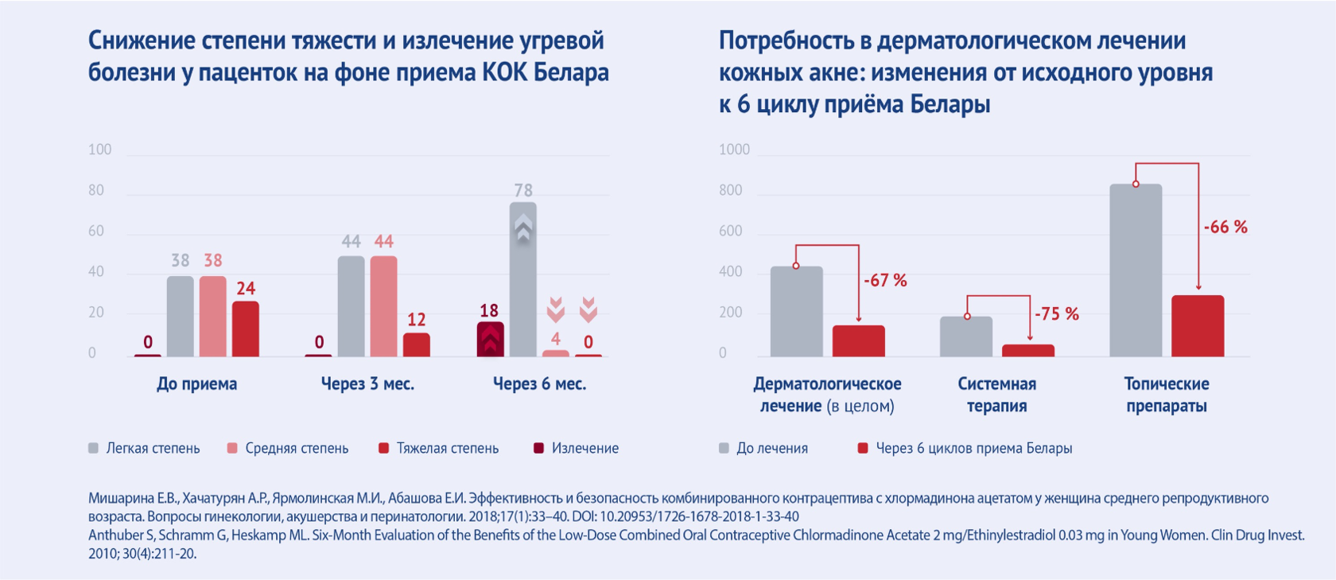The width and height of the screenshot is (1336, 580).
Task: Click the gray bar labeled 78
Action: pyautogui.click(x=522, y=279)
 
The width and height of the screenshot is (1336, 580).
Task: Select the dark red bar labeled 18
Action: pyautogui.click(x=490, y=339)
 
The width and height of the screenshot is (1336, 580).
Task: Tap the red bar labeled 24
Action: pyautogui.click(x=245, y=329)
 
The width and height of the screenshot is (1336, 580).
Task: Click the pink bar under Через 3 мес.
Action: pyautogui.click(x=383, y=306)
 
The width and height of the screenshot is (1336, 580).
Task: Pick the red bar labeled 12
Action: pyautogui.click(x=416, y=344)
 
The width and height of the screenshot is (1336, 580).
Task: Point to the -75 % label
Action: pyautogui.click(x=1056, y=314)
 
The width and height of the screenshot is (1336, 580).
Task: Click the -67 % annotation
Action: pyautogui.click(x=885, y=281)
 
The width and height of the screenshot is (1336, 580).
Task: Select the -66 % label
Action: pyautogui.click(x=1225, y=228)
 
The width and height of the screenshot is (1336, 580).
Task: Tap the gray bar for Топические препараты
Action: pyautogui.click(x=1136, y=271)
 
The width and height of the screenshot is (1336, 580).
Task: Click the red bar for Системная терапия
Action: pyautogui.click(x=1027, y=351)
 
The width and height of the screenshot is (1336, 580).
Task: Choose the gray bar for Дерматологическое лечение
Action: pyautogui.click(x=796, y=312)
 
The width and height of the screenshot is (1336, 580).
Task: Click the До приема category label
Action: pyautogui.click(x=196, y=384)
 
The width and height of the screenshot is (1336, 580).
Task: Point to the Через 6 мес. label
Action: pyautogui.click(x=539, y=384)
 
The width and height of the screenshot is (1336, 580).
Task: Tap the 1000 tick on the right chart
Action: pyautogui.click(x=734, y=150)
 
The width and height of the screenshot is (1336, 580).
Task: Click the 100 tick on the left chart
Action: pyautogui.click(x=99, y=150)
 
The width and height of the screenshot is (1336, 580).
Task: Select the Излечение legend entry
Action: pyautogui.click(x=584, y=449)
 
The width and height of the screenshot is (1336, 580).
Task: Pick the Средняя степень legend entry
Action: pyautogui.click(x=296, y=449)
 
